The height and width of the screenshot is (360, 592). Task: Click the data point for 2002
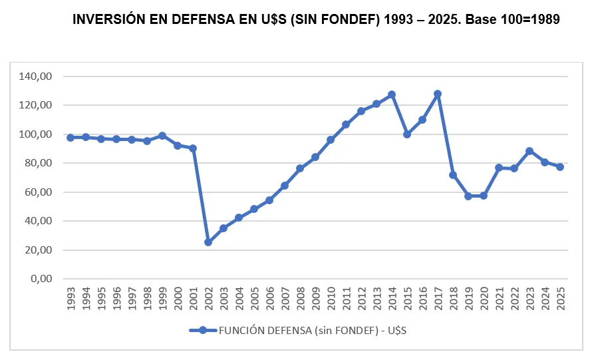pyautogui.click(x=208, y=242)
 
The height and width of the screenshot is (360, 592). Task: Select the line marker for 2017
pyautogui.click(x=438, y=94)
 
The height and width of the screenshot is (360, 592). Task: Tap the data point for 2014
pyautogui.click(x=392, y=94)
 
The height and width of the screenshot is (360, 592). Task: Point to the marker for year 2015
pyautogui.click(x=407, y=134)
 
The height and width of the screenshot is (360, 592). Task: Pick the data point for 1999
pyautogui.click(x=162, y=136)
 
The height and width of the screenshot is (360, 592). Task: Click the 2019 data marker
pyautogui.click(x=468, y=196)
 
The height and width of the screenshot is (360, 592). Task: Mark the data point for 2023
pyautogui.click(x=529, y=151)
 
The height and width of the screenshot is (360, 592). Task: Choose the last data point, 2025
pyautogui.click(x=560, y=167)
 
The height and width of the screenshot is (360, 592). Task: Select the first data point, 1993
pyautogui.click(x=71, y=138)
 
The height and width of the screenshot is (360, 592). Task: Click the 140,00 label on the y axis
pyautogui.click(x=36, y=77)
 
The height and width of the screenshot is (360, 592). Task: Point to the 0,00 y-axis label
pyautogui.click(x=41, y=279)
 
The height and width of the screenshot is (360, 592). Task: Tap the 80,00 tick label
pyautogui.click(x=39, y=163)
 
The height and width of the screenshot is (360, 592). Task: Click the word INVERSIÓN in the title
pyautogui.click(x=107, y=19)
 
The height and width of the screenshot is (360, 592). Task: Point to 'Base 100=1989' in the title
pyautogui.click(x=512, y=19)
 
